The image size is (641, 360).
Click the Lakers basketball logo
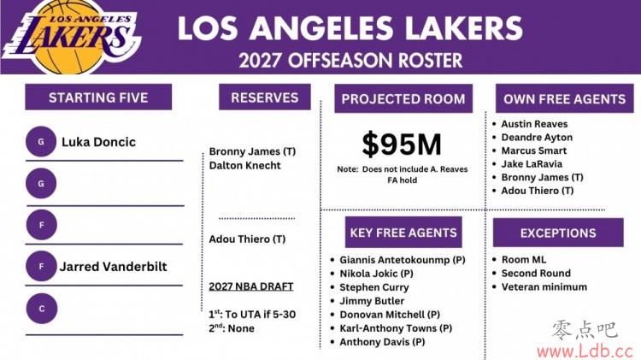pos(72,37)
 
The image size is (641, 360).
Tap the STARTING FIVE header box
pos(98,97)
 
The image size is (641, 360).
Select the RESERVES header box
pos(264,97)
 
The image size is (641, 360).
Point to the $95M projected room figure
pos(402,144)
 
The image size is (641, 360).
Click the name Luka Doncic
pos(98,142)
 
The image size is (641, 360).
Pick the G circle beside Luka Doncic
pos(41,142)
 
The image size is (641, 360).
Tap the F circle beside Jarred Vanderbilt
pos(41,266)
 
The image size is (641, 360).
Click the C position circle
pos(42,309)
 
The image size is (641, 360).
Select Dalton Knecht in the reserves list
pos(245,165)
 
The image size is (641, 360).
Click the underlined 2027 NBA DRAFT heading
pos(251,286)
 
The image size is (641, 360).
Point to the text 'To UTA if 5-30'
pos(261,314)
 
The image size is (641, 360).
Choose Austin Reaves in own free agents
pos(534,124)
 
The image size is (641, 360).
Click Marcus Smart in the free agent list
pos(534,150)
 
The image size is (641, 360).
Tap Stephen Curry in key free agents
pos(374,287)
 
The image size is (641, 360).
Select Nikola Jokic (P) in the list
pos(376,274)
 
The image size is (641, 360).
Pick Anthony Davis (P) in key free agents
pos(382,342)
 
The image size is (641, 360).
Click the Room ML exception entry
pos(524,259)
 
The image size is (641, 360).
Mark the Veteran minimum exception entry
pos(544,286)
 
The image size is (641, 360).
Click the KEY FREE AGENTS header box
pos(403,233)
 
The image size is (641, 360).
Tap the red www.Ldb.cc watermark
pos(585,351)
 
